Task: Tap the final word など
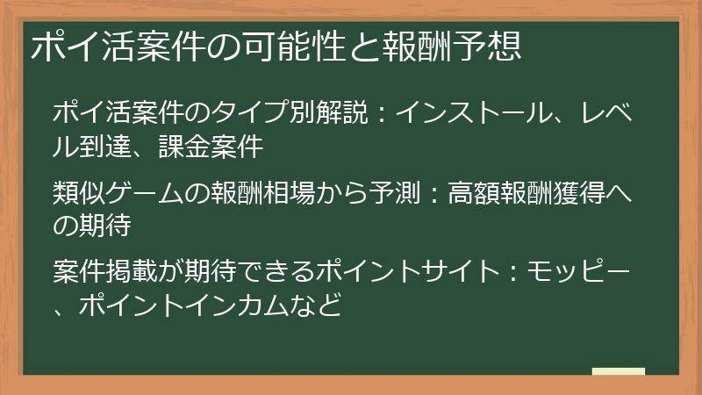coord(318,305)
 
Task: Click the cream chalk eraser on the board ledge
coord(618,371)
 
